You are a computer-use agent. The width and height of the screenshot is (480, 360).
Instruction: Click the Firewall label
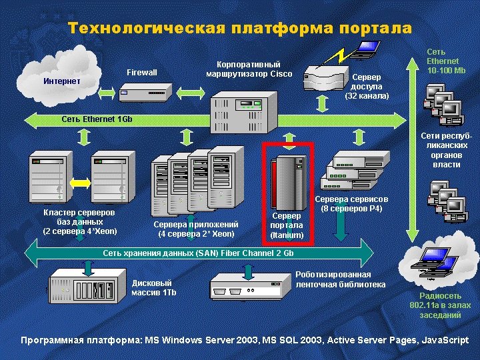141,72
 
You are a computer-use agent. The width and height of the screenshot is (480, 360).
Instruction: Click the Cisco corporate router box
244,111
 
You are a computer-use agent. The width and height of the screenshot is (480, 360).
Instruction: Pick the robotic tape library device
247,287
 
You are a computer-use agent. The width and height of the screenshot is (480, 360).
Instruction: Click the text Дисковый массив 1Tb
154,287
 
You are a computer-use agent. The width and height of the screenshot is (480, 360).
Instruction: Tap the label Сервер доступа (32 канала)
367,87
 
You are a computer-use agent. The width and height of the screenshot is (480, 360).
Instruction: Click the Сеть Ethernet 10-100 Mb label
445,61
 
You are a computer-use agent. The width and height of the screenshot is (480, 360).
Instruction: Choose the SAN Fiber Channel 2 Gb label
198,254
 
